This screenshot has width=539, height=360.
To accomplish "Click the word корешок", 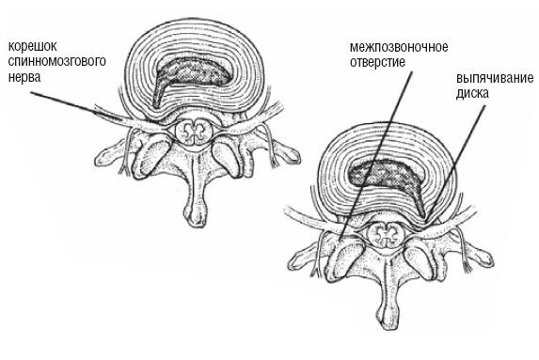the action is point(32,46).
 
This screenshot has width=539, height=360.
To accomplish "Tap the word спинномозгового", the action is point(56,62).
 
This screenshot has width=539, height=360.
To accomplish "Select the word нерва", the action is point(24,77).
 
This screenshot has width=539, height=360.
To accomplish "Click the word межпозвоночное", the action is point(399,47).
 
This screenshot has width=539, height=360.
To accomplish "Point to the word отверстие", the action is point(377,62).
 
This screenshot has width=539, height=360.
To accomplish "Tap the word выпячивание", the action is point(495,78).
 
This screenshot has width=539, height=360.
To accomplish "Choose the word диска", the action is point(472,93).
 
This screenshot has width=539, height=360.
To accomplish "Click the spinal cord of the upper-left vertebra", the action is point(193,132).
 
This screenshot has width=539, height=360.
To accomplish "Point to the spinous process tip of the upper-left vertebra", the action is point(196,218).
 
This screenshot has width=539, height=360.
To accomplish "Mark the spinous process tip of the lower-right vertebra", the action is point(388,321).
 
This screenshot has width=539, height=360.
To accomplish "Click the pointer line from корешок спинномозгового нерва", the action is point(75,106).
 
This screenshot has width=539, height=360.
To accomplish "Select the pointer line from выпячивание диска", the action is point(456,163).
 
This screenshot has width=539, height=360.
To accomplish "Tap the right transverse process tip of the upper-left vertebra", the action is point(293,156).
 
